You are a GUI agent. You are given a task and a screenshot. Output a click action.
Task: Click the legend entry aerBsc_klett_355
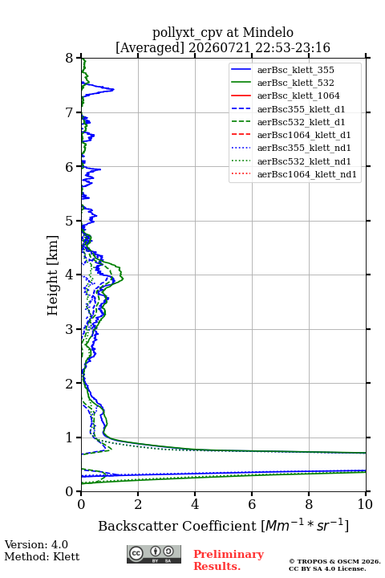(295, 70)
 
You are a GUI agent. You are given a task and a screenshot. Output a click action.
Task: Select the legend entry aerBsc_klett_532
(295, 83)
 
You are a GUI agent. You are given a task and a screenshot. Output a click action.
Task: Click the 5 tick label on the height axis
(70, 221)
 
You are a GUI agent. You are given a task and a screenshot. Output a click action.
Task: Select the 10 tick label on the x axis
(365, 504)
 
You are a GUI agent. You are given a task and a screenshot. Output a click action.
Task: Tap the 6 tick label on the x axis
(252, 504)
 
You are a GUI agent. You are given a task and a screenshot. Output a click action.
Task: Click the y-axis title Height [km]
(53, 275)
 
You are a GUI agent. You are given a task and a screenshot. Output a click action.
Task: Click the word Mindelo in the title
(268, 32)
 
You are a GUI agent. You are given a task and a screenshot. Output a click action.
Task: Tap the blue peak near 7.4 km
(113, 89)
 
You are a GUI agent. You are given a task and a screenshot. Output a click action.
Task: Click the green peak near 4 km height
(123, 279)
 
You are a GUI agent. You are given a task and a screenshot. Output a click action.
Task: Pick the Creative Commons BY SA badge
(154, 554)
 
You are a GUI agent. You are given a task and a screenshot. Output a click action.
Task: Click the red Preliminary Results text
(229, 560)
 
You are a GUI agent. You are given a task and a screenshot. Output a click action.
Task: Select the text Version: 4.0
(36, 544)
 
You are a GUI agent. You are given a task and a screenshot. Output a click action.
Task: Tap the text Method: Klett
(42, 556)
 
